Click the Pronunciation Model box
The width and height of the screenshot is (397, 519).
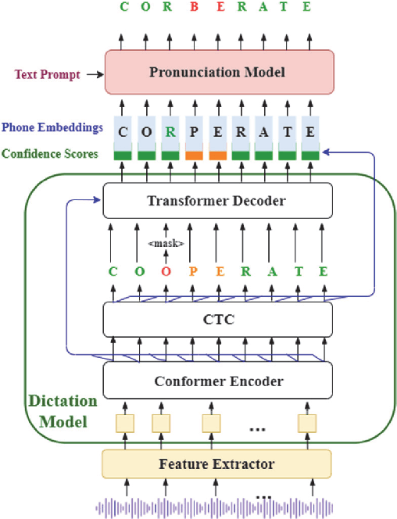(x=219, y=73)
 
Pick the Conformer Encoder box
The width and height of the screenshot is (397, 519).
(x=218, y=382)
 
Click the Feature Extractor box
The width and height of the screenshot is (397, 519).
(x=218, y=464)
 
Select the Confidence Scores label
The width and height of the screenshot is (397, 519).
(x=49, y=154)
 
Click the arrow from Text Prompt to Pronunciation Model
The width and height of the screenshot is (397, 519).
(x=94, y=75)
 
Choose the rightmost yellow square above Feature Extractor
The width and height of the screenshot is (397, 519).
(x=306, y=423)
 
